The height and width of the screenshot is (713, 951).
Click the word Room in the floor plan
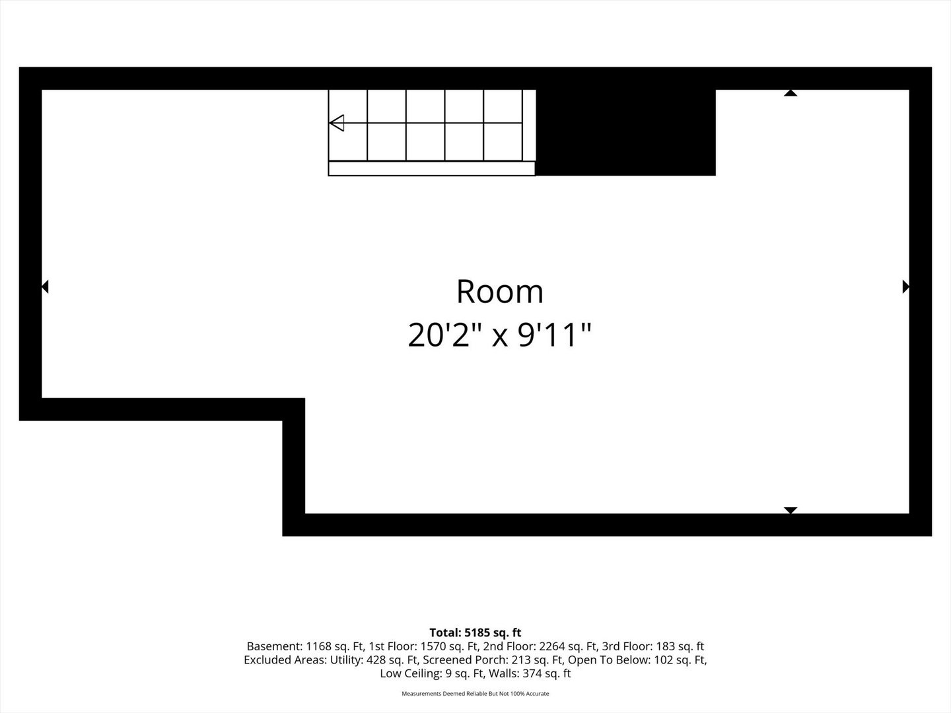pyautogui.click(x=499, y=291)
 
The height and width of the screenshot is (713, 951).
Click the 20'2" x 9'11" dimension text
pyautogui.click(x=499, y=335)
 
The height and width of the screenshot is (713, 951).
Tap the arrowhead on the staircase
pyautogui.click(x=337, y=123)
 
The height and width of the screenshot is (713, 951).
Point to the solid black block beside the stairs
pyautogui.click(x=625, y=133)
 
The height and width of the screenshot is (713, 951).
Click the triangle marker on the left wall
pyautogui.click(x=45, y=287)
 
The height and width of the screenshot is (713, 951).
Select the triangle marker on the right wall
pyautogui.click(x=905, y=287)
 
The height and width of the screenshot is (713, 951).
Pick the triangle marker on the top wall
pyautogui.click(x=791, y=93)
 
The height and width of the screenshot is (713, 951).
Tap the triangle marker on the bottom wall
pyautogui.click(x=791, y=510)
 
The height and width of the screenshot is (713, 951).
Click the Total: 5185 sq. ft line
pyautogui.click(x=475, y=632)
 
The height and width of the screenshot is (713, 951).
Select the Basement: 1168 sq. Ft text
pyautogui.click(x=305, y=646)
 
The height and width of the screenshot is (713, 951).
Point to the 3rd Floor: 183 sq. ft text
pyautogui.click(x=653, y=646)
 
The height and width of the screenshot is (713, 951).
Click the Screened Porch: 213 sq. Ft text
pyautogui.click(x=493, y=660)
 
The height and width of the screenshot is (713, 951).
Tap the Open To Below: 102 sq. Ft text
pyautogui.click(x=637, y=660)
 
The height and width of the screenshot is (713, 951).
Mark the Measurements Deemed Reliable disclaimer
pyautogui.click(x=475, y=693)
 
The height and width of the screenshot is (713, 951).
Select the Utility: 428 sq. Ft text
pyautogui.click(x=374, y=660)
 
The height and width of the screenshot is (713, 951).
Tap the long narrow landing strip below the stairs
pyautogui.click(x=431, y=168)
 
